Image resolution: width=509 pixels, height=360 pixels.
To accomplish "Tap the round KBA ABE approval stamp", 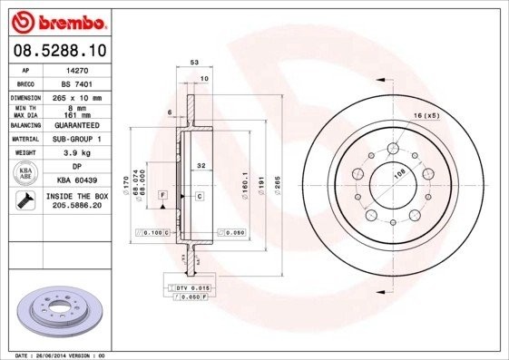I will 26,173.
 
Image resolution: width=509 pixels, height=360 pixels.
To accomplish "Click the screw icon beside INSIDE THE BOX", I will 26,200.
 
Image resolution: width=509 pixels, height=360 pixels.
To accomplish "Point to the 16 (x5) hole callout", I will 426,116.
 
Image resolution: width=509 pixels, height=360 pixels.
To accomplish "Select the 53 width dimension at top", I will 193,63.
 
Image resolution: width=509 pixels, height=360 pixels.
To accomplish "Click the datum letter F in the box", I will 162,195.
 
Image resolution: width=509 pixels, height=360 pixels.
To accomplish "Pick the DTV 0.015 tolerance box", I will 187,287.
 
